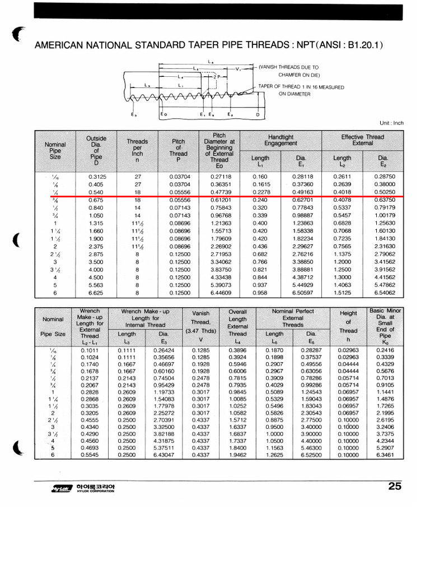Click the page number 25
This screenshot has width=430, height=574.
point(394,486)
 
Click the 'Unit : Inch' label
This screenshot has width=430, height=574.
point(391,123)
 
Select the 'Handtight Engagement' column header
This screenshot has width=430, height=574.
point(282,140)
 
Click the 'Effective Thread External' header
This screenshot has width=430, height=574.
point(362,140)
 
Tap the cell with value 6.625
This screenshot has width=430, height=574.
point(97,293)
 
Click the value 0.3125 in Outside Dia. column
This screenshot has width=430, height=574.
point(97,176)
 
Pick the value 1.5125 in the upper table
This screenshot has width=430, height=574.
point(343,293)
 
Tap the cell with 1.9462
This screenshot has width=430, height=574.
point(237,455)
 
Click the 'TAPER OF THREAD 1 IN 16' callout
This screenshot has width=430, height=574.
point(301,87)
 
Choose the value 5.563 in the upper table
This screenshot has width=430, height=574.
point(97,285)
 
